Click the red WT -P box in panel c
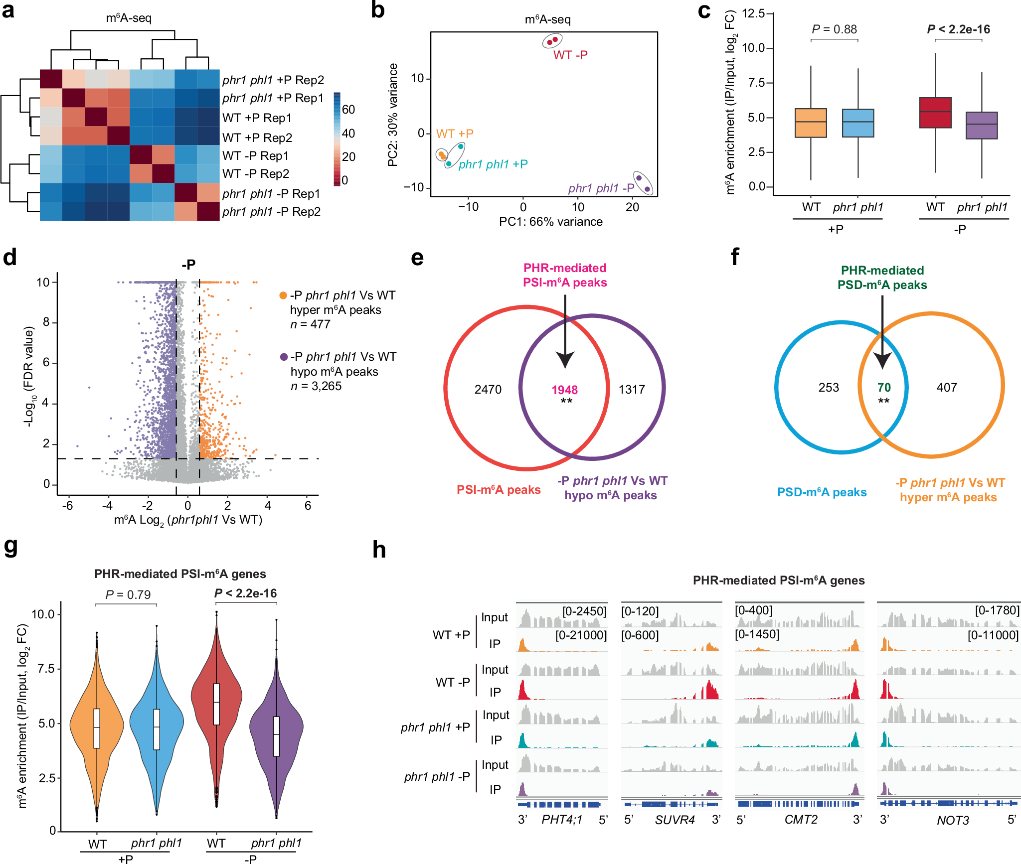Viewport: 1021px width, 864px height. (935, 113)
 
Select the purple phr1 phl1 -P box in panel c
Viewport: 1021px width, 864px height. (982, 125)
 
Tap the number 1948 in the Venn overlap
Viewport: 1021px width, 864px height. (564, 390)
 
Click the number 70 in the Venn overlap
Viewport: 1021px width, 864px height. (884, 387)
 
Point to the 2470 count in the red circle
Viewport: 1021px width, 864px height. (488, 389)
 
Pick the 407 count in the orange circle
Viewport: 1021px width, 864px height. (946, 387)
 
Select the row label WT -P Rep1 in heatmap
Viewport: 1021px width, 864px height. (255, 156)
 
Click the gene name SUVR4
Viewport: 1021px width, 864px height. (675, 820)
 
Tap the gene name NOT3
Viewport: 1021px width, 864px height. (952, 820)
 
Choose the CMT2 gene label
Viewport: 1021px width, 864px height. (801, 820)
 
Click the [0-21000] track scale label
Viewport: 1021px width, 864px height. (581, 635)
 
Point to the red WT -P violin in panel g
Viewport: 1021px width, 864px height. (216, 708)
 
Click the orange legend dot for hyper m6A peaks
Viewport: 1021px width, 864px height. (283, 295)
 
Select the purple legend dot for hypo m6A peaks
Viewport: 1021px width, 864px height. (284, 357)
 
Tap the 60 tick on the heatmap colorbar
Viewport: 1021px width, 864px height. (348, 109)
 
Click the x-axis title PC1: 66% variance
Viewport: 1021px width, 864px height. (551, 222)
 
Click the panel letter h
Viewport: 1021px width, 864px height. (379, 550)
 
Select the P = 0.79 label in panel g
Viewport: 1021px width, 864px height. (128, 594)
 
